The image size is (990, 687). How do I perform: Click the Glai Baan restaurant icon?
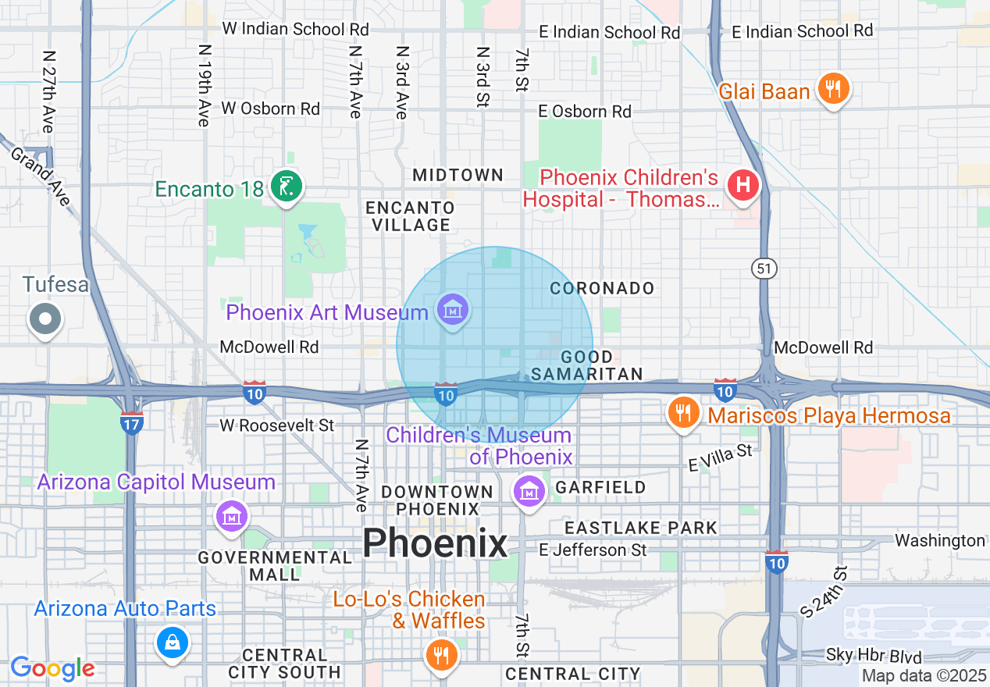833,89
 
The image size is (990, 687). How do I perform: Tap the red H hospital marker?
742,186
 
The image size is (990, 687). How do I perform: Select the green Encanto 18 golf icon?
287,187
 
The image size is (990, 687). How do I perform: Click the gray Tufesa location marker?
45,319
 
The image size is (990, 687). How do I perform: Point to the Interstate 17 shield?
131,422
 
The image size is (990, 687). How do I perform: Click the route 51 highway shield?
764,269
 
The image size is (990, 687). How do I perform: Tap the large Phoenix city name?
435,543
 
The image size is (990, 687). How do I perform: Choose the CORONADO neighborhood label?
602,288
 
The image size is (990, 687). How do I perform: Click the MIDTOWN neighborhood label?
458,175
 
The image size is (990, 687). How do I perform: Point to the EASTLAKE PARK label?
641,528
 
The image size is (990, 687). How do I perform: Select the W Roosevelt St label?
276,425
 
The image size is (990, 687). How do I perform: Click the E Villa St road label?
720,457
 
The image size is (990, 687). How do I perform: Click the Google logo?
52,668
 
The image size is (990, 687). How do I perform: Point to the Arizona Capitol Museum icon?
233,515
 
